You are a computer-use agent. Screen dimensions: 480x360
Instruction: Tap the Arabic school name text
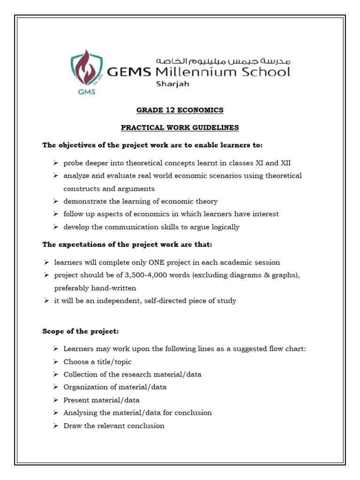(x=223, y=61)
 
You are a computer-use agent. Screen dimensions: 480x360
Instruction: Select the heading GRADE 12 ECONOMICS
(x=180, y=110)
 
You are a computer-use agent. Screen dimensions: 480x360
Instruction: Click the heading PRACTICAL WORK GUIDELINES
(x=180, y=127)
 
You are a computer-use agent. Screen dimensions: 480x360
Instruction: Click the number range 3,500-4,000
(x=135, y=275)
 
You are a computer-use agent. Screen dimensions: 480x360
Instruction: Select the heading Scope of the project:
(x=81, y=331)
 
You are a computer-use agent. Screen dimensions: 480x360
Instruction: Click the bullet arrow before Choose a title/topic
(x=55, y=362)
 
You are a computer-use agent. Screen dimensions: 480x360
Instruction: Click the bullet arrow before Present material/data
(x=55, y=400)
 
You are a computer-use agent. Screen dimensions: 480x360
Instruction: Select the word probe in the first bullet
(x=73, y=163)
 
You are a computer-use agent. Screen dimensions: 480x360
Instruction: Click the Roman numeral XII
(x=285, y=163)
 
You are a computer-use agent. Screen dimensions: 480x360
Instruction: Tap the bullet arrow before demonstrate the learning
(x=55, y=201)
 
